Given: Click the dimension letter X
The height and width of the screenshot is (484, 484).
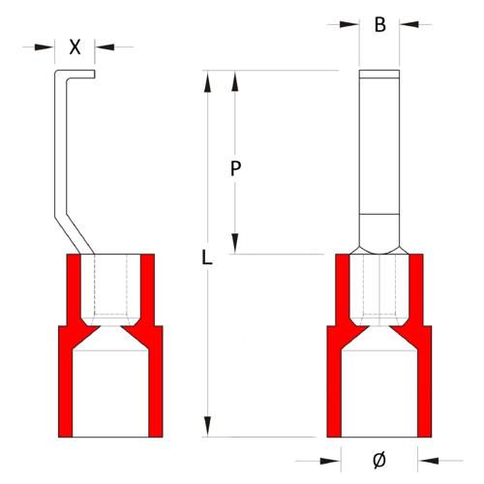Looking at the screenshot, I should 76,45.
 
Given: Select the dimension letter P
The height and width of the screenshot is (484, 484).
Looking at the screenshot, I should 235,168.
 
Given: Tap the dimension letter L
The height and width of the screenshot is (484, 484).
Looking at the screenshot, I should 205,257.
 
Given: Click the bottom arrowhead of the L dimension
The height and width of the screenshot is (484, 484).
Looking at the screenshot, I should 205,427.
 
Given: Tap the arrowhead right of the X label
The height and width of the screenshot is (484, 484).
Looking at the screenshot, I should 102,45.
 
